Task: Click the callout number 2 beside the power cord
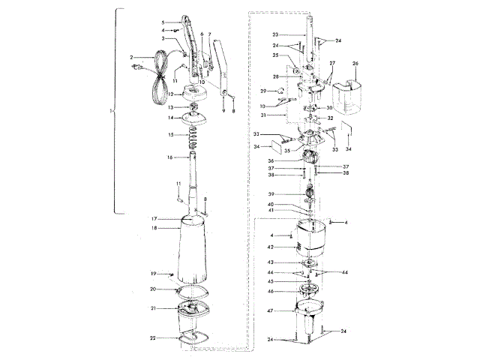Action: pyautogui.click(x=131, y=56)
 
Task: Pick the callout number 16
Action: pyautogui.click(x=170, y=157)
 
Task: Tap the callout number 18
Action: pyautogui.click(x=154, y=228)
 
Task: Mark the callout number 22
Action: pyautogui.click(x=152, y=338)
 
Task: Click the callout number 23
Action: pyautogui.click(x=275, y=35)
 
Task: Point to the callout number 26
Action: pyautogui.click(x=355, y=64)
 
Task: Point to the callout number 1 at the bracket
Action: pyautogui.click(x=111, y=109)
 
